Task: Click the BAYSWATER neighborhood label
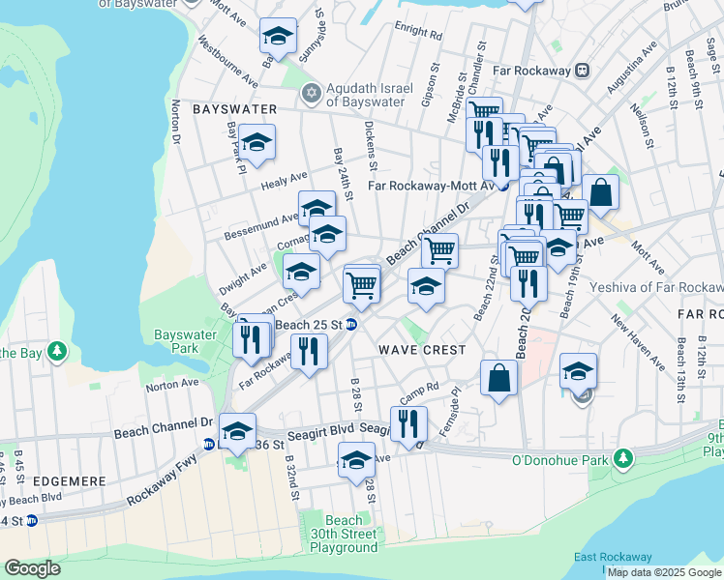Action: click(x=235, y=109)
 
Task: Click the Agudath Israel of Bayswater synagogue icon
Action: click(x=311, y=94)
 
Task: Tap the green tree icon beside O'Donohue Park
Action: click(x=625, y=457)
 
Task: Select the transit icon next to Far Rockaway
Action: click(x=583, y=70)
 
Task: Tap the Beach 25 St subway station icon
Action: click(x=353, y=325)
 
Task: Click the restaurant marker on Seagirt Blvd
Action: click(x=408, y=423)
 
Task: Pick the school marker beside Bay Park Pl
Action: click(x=257, y=143)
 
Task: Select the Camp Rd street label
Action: click(x=419, y=391)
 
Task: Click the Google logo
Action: click(x=32, y=568)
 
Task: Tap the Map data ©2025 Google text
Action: click(x=664, y=572)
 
